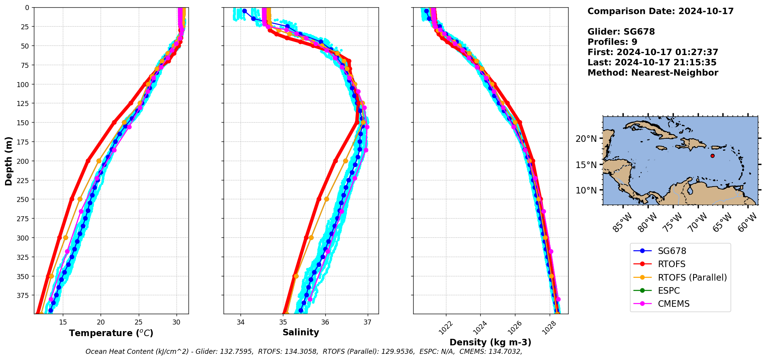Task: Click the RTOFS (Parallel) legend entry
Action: pos(692,278)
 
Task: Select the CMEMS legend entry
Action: pos(673,304)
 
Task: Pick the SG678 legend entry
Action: pos(672,251)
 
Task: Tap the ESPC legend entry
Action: pos(669,291)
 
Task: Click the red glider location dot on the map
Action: pos(712,156)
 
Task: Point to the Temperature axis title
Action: pos(111,333)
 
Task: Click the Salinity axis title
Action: pos(301,333)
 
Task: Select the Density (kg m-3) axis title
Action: pos(490,342)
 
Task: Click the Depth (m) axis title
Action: pos(9,161)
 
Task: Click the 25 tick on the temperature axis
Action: pos(139,322)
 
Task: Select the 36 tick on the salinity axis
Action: pos(325,322)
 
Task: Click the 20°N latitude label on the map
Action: pos(586,139)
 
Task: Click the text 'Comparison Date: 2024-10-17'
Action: pos(660,11)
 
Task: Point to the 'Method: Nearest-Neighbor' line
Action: pos(653,73)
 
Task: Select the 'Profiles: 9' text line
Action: pos(612,42)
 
